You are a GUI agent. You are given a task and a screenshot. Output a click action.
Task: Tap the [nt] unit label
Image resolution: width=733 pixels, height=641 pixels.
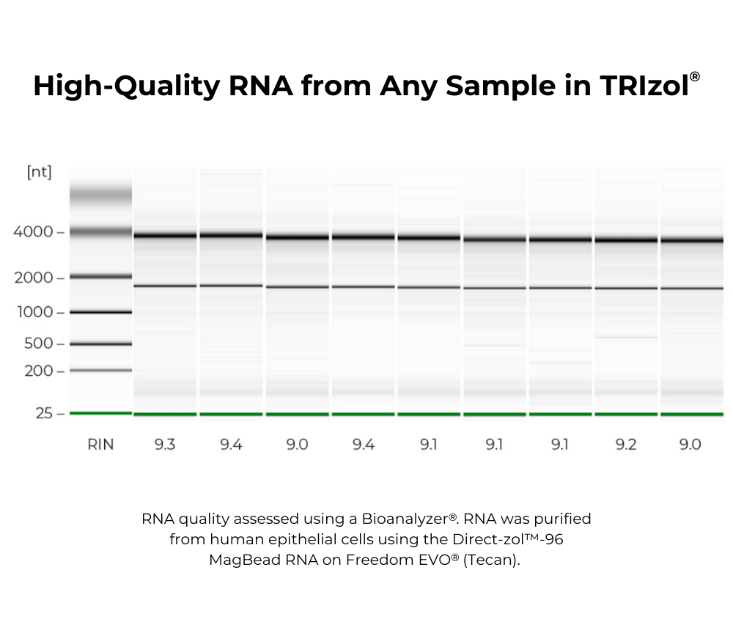click(39, 172)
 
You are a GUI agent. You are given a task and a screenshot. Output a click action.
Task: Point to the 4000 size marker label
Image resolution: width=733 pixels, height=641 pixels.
click(33, 232)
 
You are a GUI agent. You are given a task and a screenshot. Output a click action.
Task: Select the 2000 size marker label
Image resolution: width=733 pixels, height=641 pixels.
click(33, 278)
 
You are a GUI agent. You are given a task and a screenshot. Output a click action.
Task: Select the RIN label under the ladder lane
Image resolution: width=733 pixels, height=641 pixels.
click(100, 444)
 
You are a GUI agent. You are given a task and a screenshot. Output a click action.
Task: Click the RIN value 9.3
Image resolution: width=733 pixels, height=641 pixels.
click(165, 444)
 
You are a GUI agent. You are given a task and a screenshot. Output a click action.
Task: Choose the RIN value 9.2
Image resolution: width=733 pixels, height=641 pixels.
click(625, 444)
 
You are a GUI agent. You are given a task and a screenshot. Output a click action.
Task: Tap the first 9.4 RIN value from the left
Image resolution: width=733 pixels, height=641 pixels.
click(231, 444)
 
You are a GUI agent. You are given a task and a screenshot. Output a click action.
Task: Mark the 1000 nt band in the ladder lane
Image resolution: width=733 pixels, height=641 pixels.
click(100, 312)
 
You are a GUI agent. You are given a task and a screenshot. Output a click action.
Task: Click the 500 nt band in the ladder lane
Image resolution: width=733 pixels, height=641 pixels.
click(100, 344)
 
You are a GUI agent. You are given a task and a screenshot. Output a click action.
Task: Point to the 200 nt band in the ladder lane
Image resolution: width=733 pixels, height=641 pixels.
click(100, 371)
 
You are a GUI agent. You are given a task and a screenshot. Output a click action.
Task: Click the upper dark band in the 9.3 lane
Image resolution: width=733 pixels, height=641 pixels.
click(165, 236)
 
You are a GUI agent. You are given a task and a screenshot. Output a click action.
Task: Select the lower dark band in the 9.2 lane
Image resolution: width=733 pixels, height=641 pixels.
click(625, 288)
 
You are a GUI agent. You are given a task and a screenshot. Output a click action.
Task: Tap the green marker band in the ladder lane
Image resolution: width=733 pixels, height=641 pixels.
click(100, 413)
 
